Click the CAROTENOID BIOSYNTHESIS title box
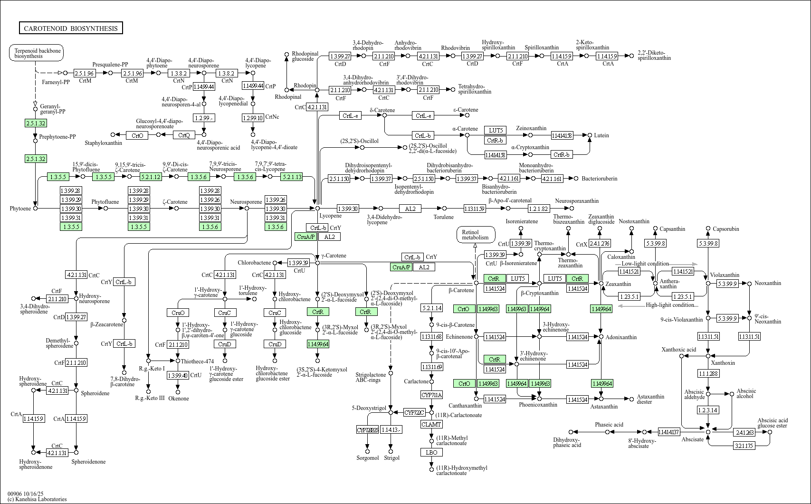pyautogui.click(x=71, y=29)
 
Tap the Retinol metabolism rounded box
pyautogui.click(x=475, y=235)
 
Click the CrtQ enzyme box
pyautogui.click(x=184, y=135)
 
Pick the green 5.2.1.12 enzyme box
pyautogui.click(x=151, y=177)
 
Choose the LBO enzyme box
pyautogui.click(x=431, y=452)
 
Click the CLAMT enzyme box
pyautogui.click(x=431, y=424)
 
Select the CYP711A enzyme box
pyautogui.click(x=431, y=395)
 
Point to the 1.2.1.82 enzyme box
pyautogui.click(x=538, y=209)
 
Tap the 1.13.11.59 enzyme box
pyautogui.click(x=474, y=209)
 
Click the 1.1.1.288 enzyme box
pyautogui.click(x=708, y=374)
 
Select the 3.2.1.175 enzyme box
pyautogui.click(x=744, y=446)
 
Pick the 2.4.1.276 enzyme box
pyautogui.click(x=600, y=244)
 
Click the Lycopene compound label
pyautogui.click(x=330, y=216)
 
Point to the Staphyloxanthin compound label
pyautogui.click(x=104, y=143)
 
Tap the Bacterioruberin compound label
pyautogui.click(x=600, y=179)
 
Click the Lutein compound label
pyautogui.click(x=601, y=135)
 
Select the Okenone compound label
pyautogui.click(x=179, y=399)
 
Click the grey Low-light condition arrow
pyautogui.click(x=684, y=264)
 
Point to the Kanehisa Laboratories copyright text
pyautogui.click(x=37, y=499)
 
